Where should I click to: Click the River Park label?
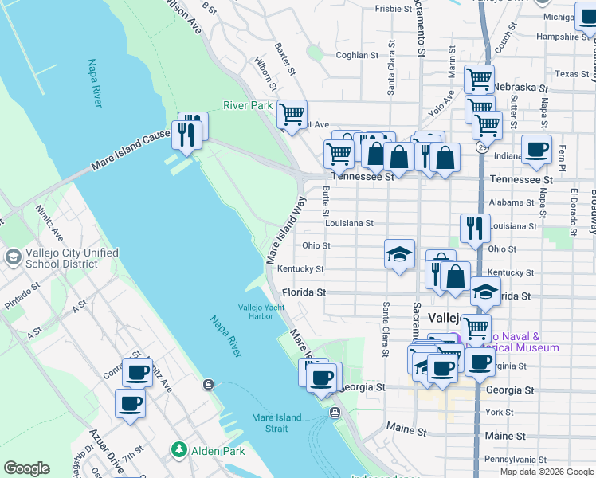coord(248,105)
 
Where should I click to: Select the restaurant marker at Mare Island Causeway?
coord(188,131)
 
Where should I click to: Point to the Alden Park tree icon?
coord(179,451)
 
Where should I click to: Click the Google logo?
coord(26,468)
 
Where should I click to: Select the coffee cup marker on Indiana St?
coord(537,149)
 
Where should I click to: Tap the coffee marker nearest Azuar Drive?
coord(130,402)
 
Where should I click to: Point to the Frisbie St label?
coord(393,10)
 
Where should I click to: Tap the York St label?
coord(500,413)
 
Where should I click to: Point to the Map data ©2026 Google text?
coord(547,472)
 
